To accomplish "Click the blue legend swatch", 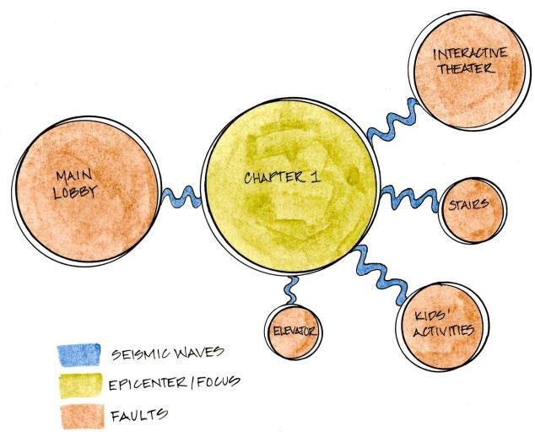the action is (78, 353).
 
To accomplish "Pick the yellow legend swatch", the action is (78, 384).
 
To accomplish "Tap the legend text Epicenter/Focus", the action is (174, 383).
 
